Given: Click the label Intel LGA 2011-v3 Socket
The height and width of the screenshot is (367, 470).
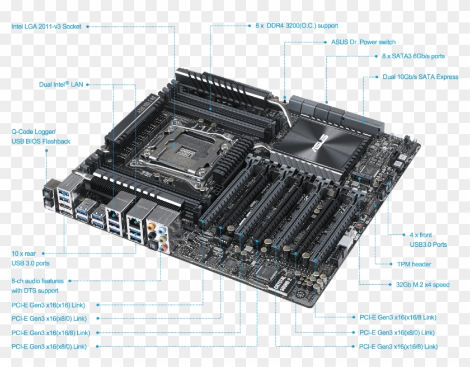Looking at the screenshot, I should [46, 26].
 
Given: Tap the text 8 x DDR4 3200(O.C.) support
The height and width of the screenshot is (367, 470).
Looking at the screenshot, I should [296, 26].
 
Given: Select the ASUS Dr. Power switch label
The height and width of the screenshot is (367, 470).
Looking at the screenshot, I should [363, 42].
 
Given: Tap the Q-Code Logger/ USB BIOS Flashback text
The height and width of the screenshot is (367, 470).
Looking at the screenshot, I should [41, 137].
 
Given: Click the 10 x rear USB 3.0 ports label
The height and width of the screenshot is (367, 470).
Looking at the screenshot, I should [30, 258].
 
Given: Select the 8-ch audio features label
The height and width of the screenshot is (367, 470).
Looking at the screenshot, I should [37, 286].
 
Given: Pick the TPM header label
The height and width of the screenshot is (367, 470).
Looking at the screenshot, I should [414, 264].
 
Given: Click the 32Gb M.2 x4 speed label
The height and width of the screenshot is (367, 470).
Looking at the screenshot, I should [422, 285].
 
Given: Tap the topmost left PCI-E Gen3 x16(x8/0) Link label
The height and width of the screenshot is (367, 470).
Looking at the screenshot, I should [49, 318].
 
